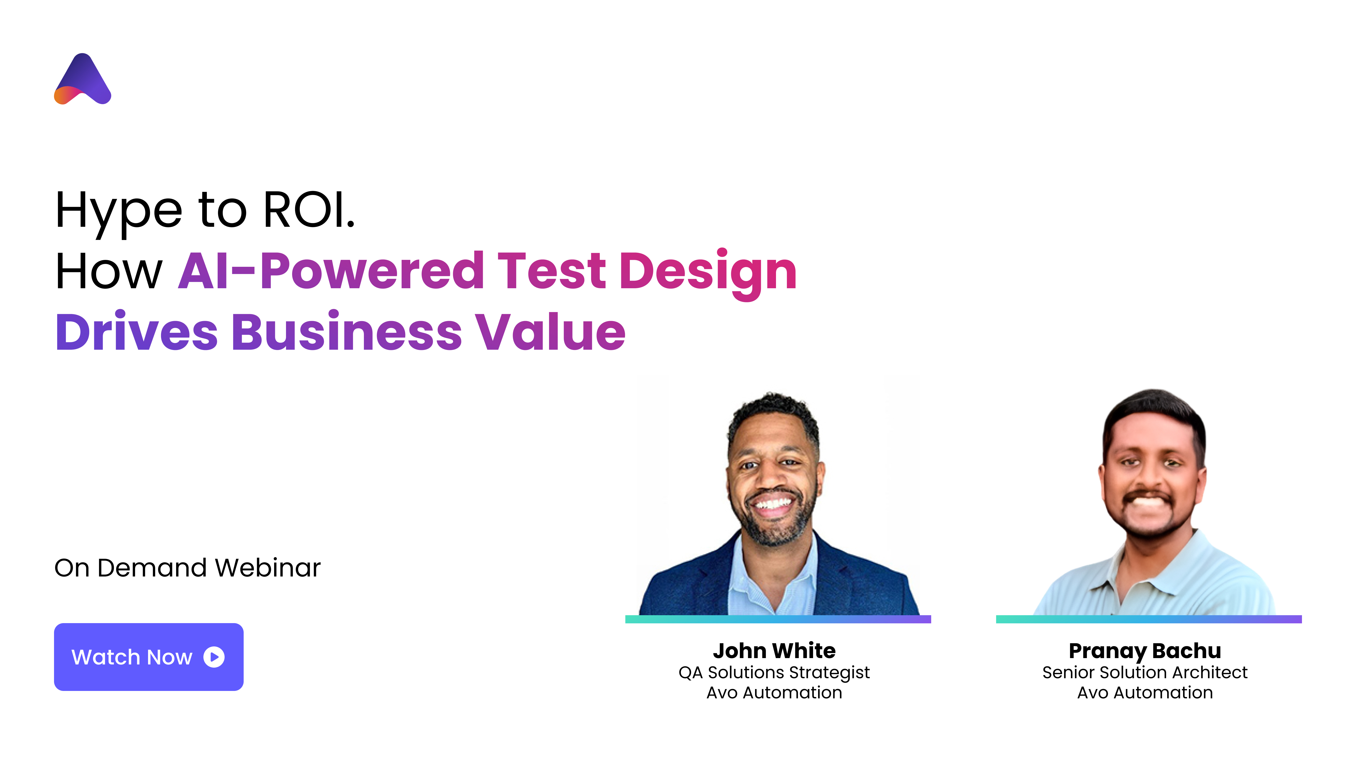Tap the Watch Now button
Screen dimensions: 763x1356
click(148, 657)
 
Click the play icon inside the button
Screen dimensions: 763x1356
click(214, 657)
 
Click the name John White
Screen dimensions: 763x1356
click(774, 651)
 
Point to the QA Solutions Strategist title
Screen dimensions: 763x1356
click(774, 672)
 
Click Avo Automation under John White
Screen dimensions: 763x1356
click(774, 693)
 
